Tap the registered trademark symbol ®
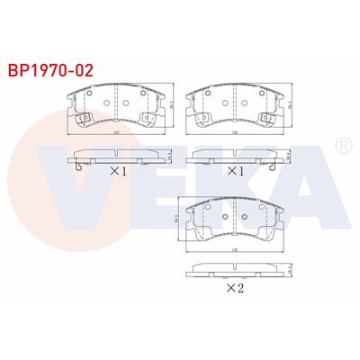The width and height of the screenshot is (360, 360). [342, 144]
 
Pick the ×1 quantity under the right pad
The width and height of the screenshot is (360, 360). [235, 169]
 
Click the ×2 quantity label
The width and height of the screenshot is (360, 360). [235, 288]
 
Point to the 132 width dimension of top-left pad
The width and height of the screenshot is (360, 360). [117, 134]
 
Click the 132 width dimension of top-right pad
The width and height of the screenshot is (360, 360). [235, 134]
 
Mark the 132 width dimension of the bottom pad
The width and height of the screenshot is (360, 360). [235, 249]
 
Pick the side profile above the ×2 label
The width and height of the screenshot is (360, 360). [235, 270]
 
